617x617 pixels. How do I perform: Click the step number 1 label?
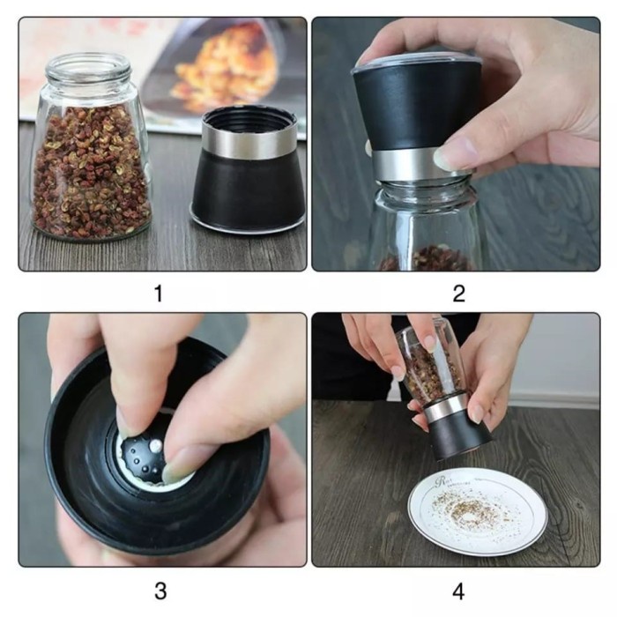tap(159, 294)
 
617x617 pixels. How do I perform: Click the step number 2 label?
tap(459, 294)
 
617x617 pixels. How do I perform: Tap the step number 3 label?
tap(160, 591)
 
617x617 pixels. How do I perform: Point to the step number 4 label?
tap(458, 591)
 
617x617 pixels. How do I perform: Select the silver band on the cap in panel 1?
tap(249, 138)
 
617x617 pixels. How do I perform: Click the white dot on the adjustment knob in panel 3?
tap(156, 445)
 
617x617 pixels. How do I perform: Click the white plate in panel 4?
tap(478, 511)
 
